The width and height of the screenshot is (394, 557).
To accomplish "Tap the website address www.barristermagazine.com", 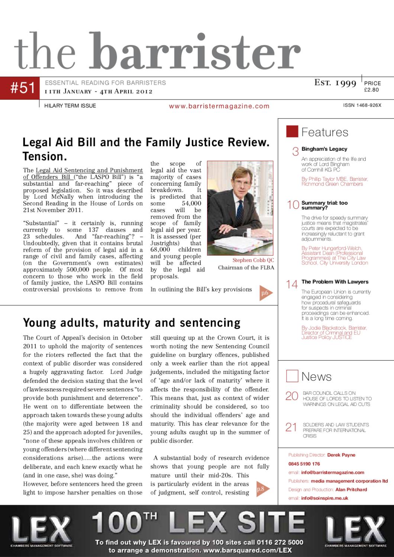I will (x=219, y=106).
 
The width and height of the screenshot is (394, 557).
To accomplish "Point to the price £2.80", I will (x=371, y=89).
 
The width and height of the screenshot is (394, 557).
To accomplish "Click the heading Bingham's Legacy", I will (x=324, y=149).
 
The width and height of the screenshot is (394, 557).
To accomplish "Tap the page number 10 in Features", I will (x=293, y=205).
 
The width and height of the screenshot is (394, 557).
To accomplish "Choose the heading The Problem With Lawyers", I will (x=335, y=282).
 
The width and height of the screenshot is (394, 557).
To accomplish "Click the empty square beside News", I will (x=292, y=376).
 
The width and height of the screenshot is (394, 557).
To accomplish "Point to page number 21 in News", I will (x=291, y=427).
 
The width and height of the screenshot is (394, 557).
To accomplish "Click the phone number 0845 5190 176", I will (x=304, y=464).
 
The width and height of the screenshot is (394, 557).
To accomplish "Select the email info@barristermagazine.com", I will (x=333, y=472).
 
